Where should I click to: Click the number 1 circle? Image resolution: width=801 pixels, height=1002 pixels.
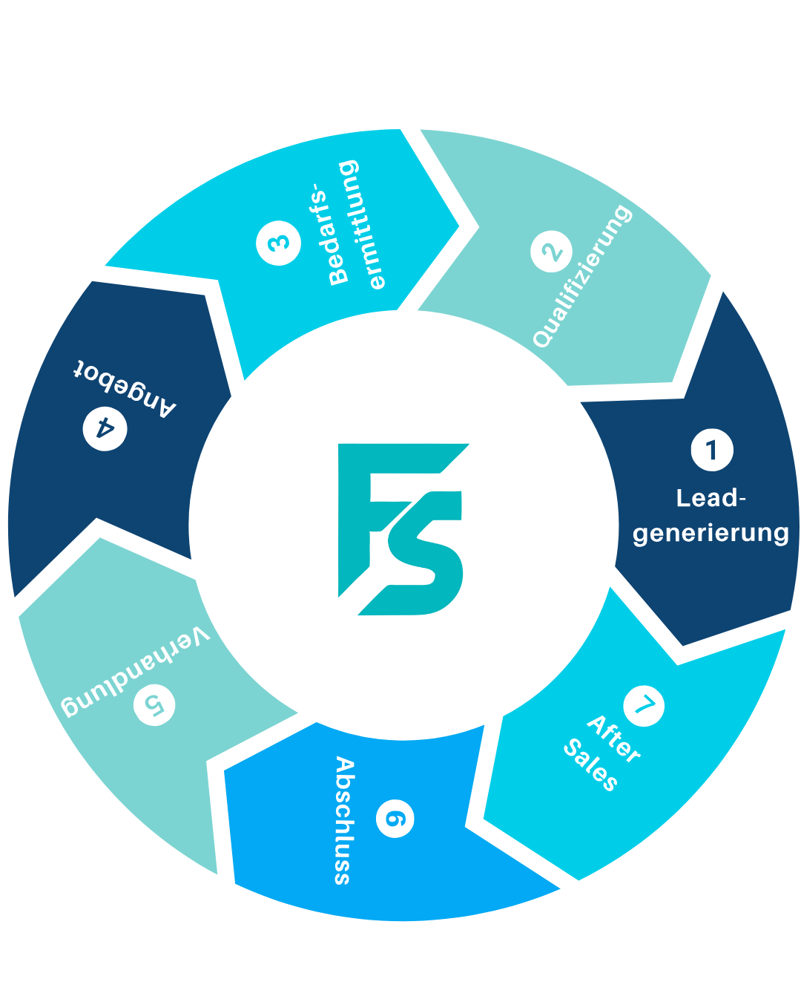click(x=712, y=450)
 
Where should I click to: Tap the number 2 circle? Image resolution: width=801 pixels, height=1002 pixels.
click(x=552, y=252)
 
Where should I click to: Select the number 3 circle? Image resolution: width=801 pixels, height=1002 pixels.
click(x=279, y=243)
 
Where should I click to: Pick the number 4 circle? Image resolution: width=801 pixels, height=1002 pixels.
click(x=105, y=428)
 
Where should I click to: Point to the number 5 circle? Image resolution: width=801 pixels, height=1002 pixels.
click(x=154, y=704)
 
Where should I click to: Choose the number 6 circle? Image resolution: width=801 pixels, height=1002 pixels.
click(x=395, y=818)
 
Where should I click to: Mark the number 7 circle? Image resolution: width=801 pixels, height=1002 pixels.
click(x=644, y=705)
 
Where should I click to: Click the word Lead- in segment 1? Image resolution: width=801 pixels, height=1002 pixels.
click(x=711, y=498)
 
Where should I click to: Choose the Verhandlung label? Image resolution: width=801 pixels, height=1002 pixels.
click(x=135, y=672)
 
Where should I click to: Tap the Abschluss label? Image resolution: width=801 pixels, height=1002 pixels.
click(x=343, y=820)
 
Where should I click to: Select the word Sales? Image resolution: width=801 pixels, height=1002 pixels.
click(x=590, y=765)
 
